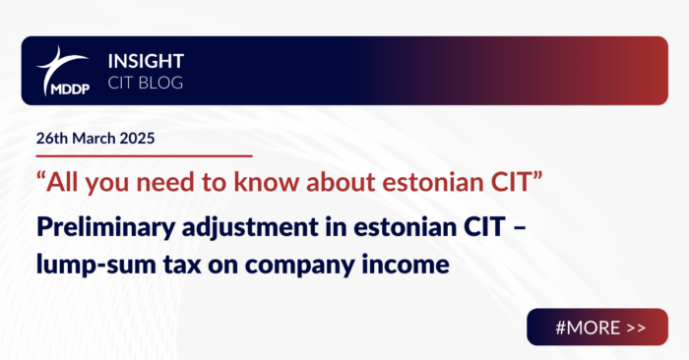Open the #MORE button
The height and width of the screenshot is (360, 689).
pos(596,327)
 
